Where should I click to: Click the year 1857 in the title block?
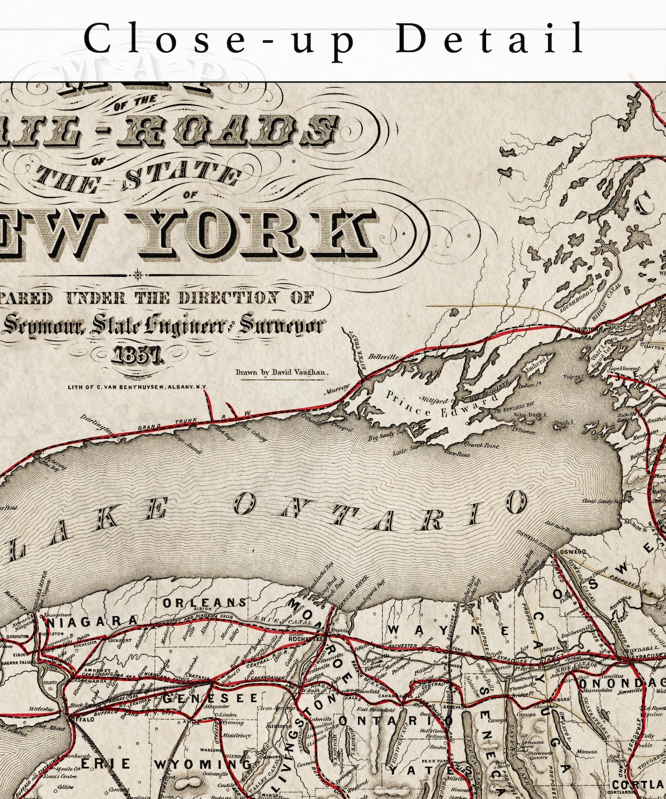pyautogui.click(x=136, y=355)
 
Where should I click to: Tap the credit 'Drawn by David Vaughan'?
pyautogui.click(x=282, y=372)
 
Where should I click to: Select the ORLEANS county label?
pyautogui.click(x=204, y=602)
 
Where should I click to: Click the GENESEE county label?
pyautogui.click(x=210, y=698)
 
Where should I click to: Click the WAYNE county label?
pyautogui.click(x=444, y=630)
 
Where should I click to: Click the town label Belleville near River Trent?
pyautogui.click(x=382, y=357)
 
